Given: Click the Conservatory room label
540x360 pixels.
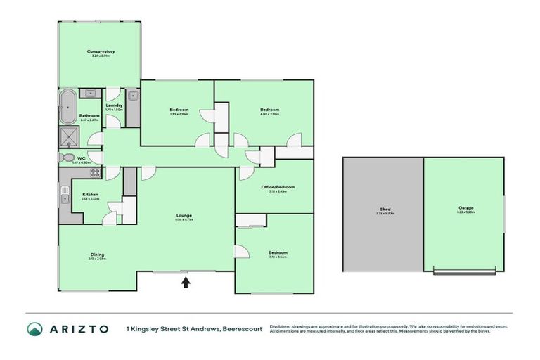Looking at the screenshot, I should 101,52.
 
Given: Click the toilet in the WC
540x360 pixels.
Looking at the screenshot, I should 67,157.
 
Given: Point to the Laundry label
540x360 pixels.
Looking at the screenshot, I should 114,105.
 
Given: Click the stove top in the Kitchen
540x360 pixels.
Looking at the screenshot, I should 94,172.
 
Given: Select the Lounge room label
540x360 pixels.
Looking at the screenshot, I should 185,215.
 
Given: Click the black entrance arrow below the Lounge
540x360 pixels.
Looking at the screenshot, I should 186,282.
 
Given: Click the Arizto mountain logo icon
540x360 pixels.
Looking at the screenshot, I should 34,329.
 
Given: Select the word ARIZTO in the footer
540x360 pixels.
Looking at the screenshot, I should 79,329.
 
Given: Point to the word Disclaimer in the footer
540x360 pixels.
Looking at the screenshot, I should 281,326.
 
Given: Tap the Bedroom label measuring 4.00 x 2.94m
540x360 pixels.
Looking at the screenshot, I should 270,110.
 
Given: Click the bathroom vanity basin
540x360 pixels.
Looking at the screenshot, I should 91,93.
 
